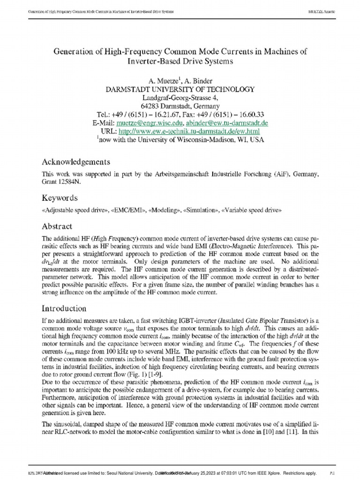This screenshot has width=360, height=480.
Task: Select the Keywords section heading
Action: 60,198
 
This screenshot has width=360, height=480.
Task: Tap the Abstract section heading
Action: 57,226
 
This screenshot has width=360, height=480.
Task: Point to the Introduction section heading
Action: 64,308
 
